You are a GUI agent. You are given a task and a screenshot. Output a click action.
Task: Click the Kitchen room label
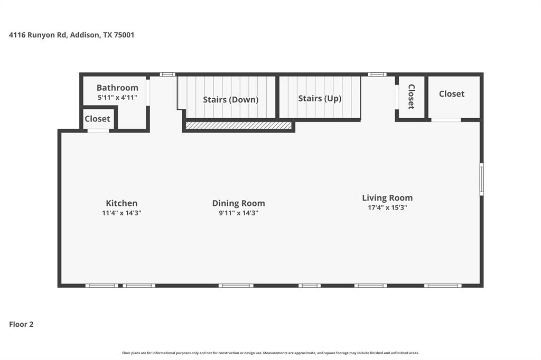click(122, 203)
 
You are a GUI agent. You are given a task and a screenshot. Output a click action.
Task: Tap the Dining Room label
click(238, 203)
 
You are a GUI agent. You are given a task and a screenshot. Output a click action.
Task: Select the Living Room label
click(387, 198)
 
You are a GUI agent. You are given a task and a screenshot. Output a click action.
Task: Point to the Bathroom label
click(117, 88)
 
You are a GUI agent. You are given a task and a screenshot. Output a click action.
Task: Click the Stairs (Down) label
click(231, 100)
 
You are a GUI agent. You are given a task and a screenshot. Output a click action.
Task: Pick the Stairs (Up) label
click(320, 99)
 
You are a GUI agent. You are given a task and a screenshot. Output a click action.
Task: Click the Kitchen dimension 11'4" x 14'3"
click(122, 213)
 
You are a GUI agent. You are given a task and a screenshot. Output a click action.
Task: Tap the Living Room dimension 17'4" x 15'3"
click(387, 208)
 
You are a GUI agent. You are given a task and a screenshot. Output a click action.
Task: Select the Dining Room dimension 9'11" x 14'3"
click(238, 213)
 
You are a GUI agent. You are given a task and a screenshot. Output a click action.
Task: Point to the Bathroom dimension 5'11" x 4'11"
click(117, 98)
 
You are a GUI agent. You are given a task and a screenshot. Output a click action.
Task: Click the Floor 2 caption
click(21, 325)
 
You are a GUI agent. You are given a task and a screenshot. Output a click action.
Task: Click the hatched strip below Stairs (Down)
click(238, 126)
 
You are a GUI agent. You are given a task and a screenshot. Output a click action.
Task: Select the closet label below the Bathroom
click(98, 119)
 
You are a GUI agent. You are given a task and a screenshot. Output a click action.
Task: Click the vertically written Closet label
click(411, 97)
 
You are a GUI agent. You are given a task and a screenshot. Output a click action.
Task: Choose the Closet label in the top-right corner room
click(452, 94)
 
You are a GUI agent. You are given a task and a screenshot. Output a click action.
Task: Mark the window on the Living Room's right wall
click(481, 179)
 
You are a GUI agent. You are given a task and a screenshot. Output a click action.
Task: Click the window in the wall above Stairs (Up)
click(377, 74)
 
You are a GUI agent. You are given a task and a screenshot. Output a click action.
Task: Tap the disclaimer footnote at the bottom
click(270, 353)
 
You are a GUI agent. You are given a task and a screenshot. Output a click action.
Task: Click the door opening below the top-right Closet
click(446, 120)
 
